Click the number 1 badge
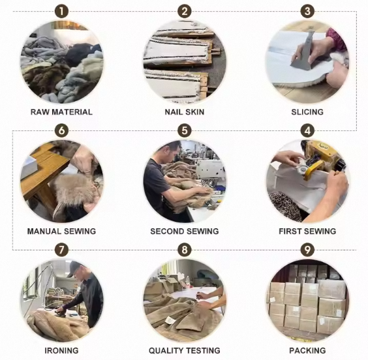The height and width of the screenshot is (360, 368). coord(61,12)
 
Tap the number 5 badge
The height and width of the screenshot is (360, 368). coord(185,130)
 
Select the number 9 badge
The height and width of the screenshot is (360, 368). coord(307,250)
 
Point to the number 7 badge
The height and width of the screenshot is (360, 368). coord(61,250)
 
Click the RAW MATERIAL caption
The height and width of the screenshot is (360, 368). coord(61,112)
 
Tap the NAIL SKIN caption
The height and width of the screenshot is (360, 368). coord(185,112)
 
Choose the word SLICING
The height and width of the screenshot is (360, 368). coord(307,112)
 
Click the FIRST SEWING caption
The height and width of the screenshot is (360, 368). coord(307,232)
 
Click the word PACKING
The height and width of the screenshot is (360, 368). coord(307,350)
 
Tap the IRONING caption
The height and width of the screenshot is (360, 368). coord(61,350)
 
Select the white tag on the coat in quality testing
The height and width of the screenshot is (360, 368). coord(170,319)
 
